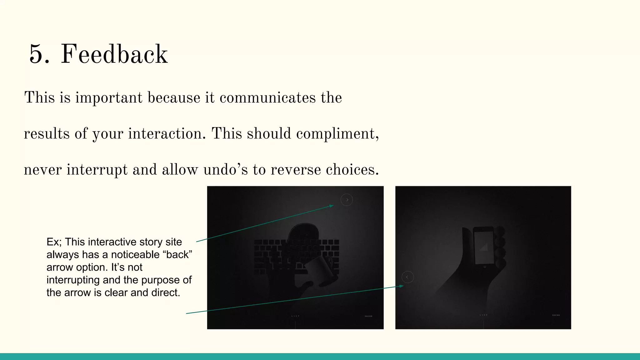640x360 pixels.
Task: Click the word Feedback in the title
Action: [114, 55]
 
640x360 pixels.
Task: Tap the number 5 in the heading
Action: [39, 55]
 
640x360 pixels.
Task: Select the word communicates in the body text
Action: [267, 97]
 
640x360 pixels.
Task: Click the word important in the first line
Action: [109, 97]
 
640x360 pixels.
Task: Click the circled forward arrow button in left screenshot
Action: [347, 200]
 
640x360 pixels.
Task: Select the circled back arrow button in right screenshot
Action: [407, 277]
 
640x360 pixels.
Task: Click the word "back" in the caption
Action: [177, 255]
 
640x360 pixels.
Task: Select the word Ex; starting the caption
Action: [54, 242]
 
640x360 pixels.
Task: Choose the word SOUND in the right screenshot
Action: [556, 315]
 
